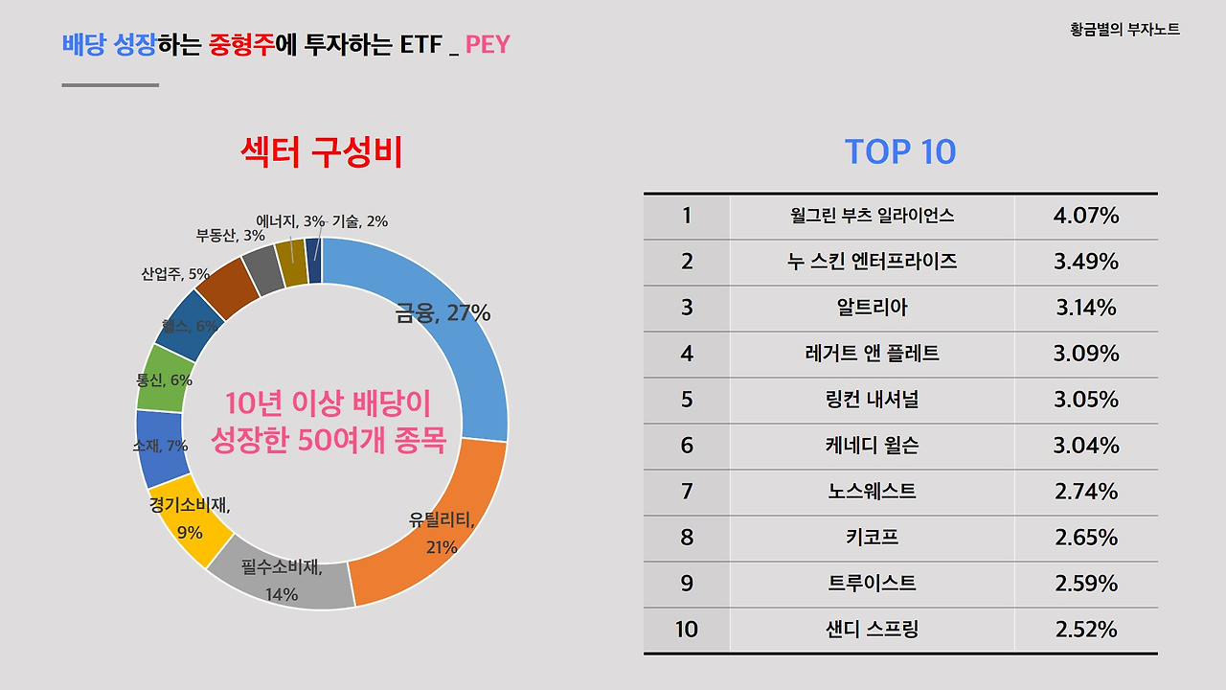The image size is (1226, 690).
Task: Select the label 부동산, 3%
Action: pos(231,235)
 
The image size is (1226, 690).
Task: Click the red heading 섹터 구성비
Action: pos(322,152)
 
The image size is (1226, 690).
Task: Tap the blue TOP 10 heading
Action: pos(900,152)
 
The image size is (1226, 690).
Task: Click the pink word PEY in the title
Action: pos(488,44)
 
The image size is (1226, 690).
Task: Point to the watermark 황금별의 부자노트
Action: pos(1124,30)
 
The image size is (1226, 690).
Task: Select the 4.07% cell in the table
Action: pos(1086,217)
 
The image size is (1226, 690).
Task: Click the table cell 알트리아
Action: pos(872,308)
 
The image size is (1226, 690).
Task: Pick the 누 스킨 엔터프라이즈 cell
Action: pos(872,262)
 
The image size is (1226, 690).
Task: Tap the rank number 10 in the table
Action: pos(687,630)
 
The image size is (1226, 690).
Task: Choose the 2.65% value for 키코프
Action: pos(1086,538)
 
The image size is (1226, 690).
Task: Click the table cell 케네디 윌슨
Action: pos(872,446)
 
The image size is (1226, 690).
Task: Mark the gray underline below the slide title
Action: pos(110,85)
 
